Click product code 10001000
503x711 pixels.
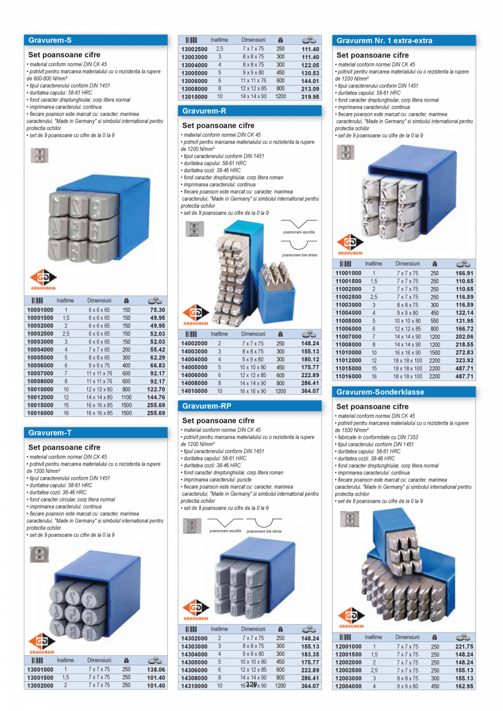40,310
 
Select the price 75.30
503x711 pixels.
157,310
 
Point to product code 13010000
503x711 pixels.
194,97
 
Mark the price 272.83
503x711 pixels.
465,353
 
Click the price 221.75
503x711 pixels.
465,647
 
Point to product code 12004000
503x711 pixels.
348,686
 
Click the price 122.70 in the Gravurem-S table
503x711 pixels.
157,389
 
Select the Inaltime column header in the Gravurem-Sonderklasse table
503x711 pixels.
373,637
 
